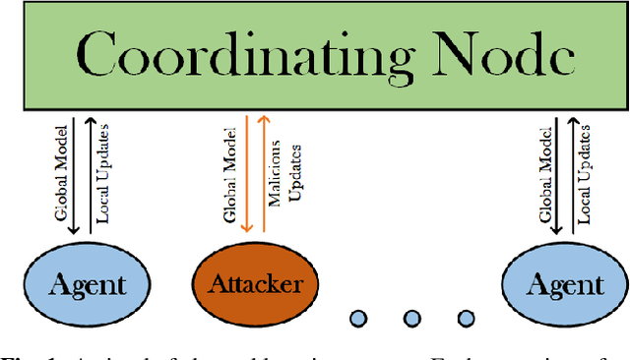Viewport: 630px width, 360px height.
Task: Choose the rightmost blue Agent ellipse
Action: [x=552, y=284]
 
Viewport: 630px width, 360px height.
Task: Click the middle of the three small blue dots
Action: [x=411, y=318]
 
